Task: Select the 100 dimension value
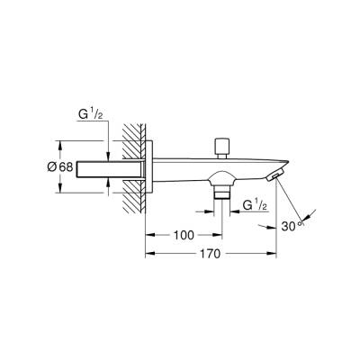(x=184, y=235)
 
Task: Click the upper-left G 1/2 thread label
(x=89, y=116)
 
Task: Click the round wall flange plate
(x=156, y=166)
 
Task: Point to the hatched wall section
(x=134, y=166)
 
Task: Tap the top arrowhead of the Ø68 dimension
(x=60, y=143)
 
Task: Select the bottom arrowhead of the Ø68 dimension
(x=60, y=189)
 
